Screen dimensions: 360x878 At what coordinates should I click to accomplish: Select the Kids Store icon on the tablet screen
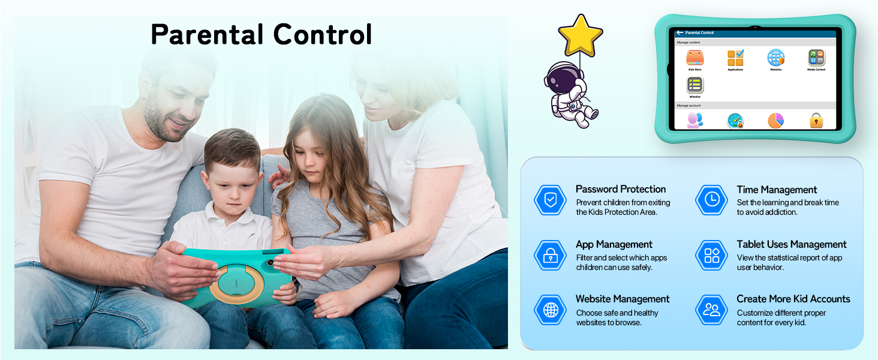point(694,58)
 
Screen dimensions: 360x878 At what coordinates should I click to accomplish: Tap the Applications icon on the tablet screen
point(735,58)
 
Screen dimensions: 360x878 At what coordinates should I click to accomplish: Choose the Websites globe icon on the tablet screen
point(775,58)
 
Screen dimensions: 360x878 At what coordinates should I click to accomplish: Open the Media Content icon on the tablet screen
point(816,58)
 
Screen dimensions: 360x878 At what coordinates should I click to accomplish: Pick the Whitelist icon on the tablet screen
point(694,85)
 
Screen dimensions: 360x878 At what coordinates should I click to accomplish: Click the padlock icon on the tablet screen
point(816,121)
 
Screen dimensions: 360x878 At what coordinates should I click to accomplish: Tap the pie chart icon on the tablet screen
point(775,121)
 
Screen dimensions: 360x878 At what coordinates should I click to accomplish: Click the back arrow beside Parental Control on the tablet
point(679,32)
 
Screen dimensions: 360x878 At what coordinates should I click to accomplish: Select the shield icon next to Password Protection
point(550,200)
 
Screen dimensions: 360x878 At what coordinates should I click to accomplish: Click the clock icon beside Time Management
point(712,200)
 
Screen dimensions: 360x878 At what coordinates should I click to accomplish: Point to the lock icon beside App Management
point(550,256)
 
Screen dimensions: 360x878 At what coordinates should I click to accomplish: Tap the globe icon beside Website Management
point(550,310)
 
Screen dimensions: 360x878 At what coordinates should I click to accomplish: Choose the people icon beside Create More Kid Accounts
point(712,310)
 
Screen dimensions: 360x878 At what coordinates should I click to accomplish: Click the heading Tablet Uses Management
point(792,244)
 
